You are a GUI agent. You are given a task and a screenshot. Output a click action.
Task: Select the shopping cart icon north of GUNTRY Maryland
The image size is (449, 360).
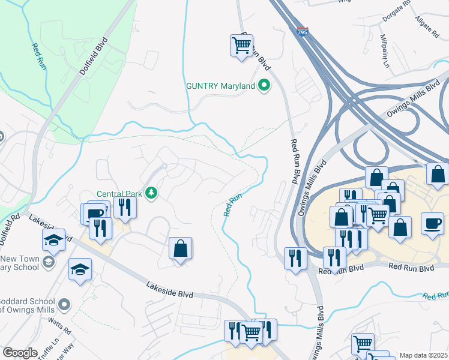[241, 45]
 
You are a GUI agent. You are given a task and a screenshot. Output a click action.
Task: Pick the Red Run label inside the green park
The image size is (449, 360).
[39, 53]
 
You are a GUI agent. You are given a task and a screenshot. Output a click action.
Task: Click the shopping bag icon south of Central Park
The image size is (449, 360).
[180, 248]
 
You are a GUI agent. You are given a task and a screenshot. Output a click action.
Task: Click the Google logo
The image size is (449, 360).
[20, 353]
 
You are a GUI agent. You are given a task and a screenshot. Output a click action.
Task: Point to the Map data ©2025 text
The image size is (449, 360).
[423, 355]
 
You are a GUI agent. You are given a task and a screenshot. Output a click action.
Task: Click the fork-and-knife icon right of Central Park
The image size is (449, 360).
[125, 207]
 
